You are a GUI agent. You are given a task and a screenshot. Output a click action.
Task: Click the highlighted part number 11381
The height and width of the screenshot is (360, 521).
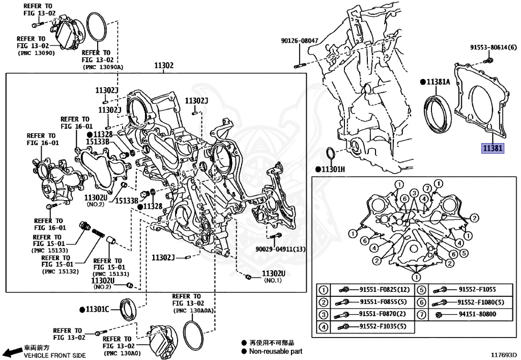493,149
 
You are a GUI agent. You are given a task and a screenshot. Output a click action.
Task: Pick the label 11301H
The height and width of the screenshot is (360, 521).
333,169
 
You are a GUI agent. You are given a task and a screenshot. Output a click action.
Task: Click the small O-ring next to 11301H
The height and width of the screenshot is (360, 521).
330,153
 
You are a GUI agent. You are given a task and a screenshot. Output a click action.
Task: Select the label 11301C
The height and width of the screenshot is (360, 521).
98,309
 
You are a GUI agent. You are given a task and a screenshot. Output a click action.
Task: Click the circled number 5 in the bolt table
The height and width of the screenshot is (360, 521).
422,290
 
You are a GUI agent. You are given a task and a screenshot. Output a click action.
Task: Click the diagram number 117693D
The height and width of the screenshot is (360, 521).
503,354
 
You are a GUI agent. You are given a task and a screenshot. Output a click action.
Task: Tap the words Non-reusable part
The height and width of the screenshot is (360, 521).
275,351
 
